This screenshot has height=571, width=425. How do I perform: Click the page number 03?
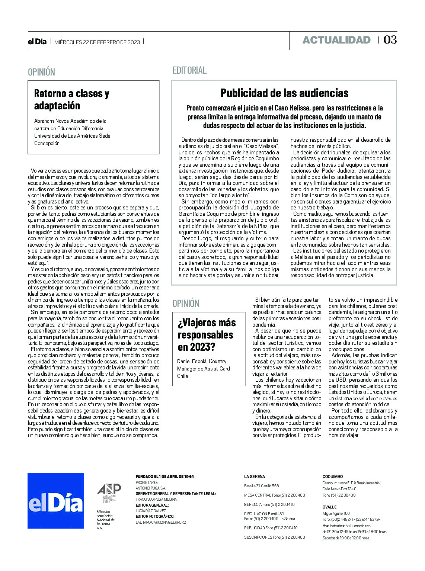click(x=390, y=40)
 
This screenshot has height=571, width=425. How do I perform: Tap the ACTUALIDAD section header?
click(x=336, y=40)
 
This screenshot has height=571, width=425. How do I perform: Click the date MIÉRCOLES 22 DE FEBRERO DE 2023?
click(x=97, y=42)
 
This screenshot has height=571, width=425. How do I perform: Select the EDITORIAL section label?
click(x=189, y=70)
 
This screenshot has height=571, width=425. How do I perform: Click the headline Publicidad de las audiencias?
click(x=284, y=93)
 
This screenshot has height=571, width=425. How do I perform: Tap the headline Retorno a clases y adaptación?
click(x=71, y=99)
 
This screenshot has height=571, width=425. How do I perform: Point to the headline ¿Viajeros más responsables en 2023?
click(x=207, y=334)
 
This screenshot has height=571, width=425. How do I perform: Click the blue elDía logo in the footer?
click(x=56, y=500)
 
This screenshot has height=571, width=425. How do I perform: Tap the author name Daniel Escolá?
click(x=192, y=361)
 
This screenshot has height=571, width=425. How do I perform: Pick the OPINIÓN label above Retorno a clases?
click(x=41, y=72)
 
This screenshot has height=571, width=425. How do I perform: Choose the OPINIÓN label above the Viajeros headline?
click(x=186, y=303)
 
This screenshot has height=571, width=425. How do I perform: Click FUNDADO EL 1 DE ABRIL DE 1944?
click(x=164, y=477)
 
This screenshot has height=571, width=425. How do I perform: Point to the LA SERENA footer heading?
click(x=255, y=477)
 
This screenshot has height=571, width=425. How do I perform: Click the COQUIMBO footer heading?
click(x=332, y=477)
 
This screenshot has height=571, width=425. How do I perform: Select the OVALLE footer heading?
click(x=329, y=507)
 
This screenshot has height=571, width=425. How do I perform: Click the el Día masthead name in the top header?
click(x=37, y=42)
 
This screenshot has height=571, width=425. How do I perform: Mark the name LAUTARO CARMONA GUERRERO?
click(x=161, y=522)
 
